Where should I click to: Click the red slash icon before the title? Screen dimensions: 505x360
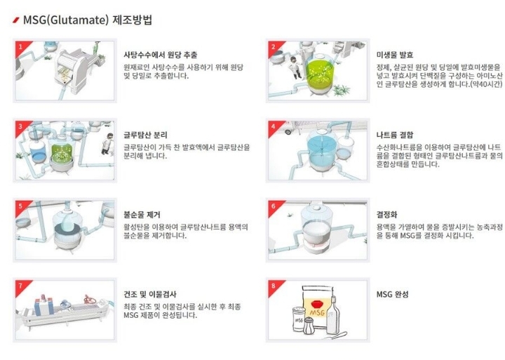tap(16, 20)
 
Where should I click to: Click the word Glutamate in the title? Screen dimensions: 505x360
tap(79, 20)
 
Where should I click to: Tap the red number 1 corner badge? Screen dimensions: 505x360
tap(22, 48)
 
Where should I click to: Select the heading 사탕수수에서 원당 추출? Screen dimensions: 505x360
tap(161, 55)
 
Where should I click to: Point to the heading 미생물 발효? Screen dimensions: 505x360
tap(395, 55)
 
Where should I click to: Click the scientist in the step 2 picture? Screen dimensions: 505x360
tap(295, 67)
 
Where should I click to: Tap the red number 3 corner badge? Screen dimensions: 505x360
tap(22, 127)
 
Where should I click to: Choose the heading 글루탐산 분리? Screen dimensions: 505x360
tap(146, 135)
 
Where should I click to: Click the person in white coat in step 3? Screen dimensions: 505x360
tap(107, 144)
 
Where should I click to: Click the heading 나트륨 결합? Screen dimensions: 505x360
tap(395, 135)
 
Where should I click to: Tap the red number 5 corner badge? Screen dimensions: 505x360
tap(22, 207)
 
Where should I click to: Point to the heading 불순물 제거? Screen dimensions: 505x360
tap(142, 215)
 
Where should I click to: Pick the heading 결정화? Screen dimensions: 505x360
tap(386, 215)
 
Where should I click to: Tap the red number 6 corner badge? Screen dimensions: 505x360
tap(275, 207)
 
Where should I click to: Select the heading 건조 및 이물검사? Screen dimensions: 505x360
tap(150, 294)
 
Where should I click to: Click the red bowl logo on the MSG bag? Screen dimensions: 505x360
tap(318, 304)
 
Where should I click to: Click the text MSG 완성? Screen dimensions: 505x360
tap(392, 294)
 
